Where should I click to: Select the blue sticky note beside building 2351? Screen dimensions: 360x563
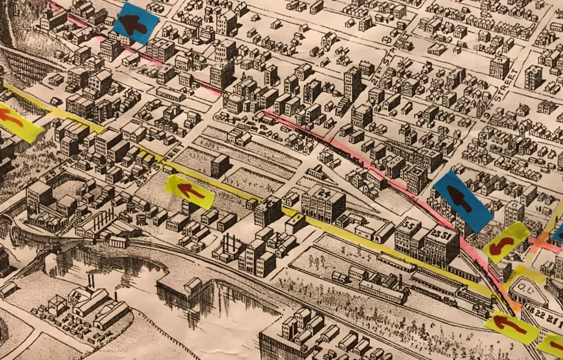(x=463, y=201)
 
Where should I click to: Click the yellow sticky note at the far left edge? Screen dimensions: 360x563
(x=18, y=121)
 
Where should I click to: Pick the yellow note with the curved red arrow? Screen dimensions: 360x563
(x=507, y=243)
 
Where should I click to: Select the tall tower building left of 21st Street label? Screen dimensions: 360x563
(x=353, y=83)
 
